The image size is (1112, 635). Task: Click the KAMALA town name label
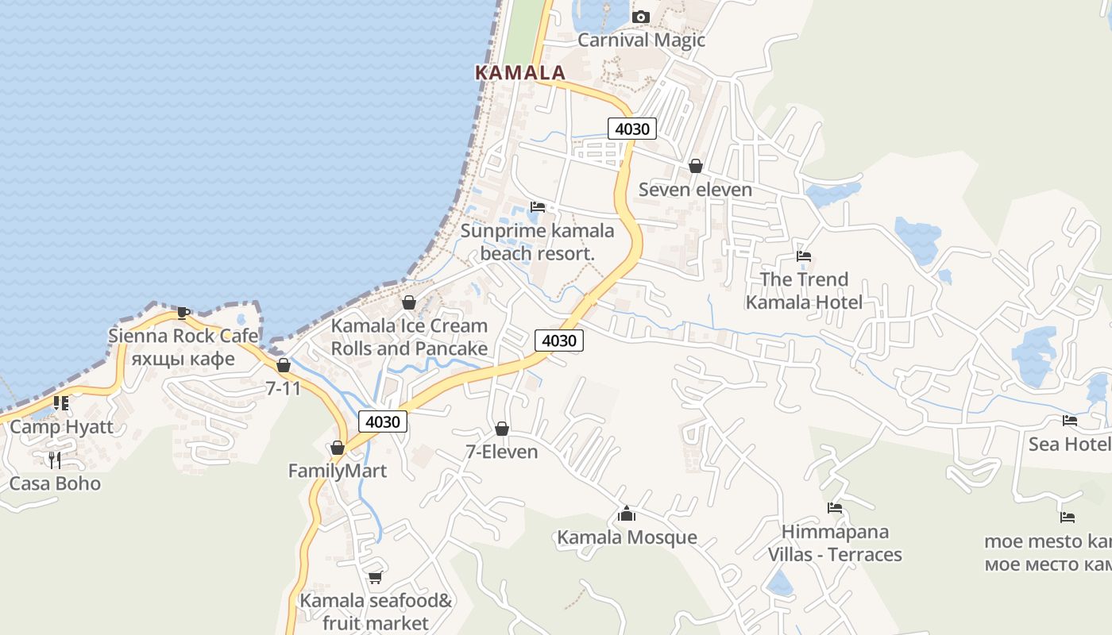[520, 72]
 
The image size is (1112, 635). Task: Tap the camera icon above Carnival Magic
[640, 17]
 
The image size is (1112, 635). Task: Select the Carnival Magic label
[641, 40]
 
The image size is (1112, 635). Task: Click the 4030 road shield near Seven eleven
[632, 129]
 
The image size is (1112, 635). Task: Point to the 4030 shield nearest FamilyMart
[382, 421]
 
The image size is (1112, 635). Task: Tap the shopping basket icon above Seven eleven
[695, 166]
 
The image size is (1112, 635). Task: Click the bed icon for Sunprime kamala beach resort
[538, 207]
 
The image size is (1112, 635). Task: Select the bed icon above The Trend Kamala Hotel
[804, 256]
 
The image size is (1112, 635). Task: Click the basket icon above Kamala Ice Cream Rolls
[409, 302]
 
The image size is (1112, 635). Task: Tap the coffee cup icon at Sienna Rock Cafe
[183, 313]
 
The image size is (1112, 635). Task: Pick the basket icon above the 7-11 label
[283, 365]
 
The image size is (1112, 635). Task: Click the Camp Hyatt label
[61, 426]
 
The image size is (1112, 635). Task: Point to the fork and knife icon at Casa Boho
[55, 460]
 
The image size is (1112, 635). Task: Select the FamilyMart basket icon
[338, 448]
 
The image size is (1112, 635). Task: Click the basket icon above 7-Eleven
[502, 429]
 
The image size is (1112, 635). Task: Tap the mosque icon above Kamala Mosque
[627, 514]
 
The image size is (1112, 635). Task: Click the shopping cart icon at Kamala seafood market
[375, 577]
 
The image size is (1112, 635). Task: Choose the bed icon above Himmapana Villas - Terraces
[834, 508]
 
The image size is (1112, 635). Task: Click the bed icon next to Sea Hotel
[1070, 421]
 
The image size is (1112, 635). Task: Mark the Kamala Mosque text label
[627, 537]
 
